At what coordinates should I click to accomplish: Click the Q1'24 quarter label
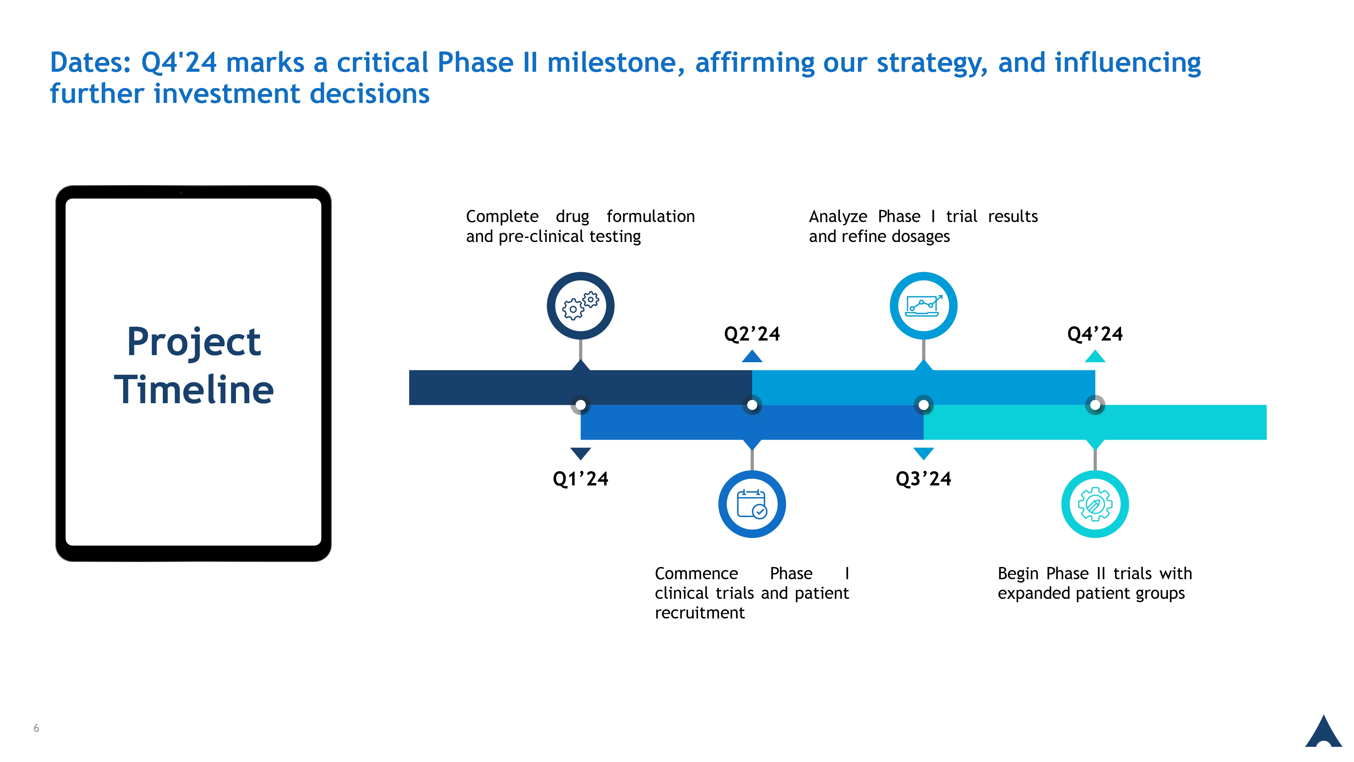(x=580, y=479)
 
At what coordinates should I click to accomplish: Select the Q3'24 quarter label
(x=923, y=479)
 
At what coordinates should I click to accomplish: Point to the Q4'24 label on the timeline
(x=1095, y=334)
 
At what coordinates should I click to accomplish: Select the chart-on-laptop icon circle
(x=923, y=278)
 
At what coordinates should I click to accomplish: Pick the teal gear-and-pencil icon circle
(x=1095, y=477)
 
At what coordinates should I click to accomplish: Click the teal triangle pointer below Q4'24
(x=1095, y=356)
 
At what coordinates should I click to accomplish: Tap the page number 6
(x=36, y=728)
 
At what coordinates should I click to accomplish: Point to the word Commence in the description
(x=696, y=573)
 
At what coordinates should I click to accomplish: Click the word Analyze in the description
(x=838, y=217)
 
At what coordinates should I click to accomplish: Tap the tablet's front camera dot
(x=181, y=192)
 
